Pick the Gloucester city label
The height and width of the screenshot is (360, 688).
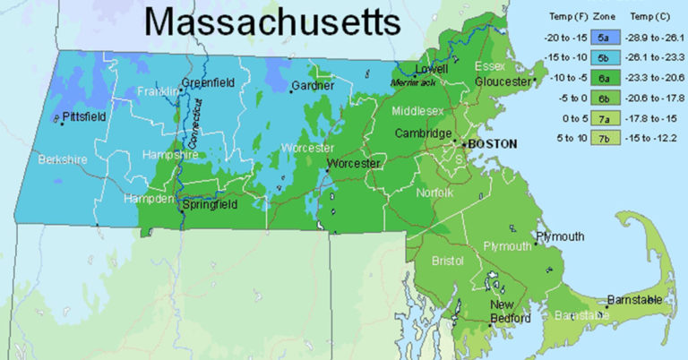(503, 81)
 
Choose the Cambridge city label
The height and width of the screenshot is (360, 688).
(424, 133)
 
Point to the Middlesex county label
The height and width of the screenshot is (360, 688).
(421, 111)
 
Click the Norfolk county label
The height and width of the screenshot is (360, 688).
(435, 193)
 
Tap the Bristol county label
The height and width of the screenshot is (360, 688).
(447, 261)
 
